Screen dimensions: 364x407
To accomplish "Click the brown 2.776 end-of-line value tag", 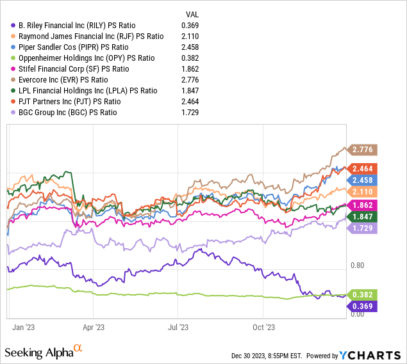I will tap(362, 149).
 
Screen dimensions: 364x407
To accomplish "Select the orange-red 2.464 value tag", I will tap(362, 168).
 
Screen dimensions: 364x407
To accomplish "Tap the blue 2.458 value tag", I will tap(362, 180).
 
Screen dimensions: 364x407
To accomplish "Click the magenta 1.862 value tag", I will tap(362, 205).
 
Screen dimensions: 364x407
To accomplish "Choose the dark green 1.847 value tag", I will tap(362, 217).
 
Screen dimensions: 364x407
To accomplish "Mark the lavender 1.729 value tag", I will tap(362, 229).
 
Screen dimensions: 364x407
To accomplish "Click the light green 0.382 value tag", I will tap(362, 294).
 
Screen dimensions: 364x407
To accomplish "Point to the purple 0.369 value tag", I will tap(362, 306).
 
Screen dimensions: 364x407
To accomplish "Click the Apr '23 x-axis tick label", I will tap(94, 327).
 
